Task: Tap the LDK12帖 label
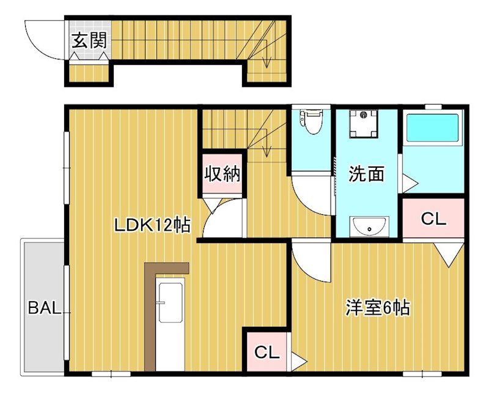pos(152,225)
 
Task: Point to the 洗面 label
pos(366,174)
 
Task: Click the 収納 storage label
pos(221,174)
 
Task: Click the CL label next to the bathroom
pos(434,219)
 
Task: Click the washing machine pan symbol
pos(366,124)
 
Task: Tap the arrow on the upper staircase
pos(267,56)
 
